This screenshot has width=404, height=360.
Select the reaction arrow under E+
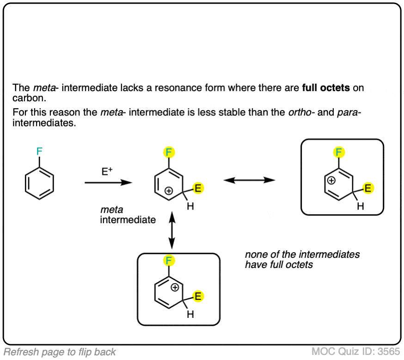click(109, 183)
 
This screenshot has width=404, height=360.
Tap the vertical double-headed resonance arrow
click(172, 230)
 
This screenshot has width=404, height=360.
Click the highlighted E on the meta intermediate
click(198, 188)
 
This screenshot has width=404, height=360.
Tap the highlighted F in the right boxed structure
click(340, 152)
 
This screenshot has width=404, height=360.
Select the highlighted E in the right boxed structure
click(369, 188)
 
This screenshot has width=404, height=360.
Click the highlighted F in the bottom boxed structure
click(168, 261)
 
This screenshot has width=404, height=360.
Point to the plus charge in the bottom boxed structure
click(175, 288)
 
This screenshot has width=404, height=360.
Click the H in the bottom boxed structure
click(190, 315)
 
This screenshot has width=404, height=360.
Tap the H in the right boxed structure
click(361, 206)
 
